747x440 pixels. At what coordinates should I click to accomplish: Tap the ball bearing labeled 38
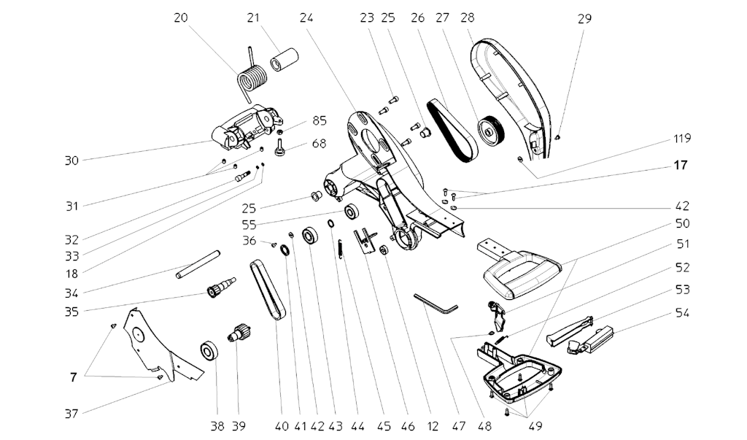[210, 350]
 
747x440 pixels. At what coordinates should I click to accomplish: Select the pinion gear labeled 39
[241, 338]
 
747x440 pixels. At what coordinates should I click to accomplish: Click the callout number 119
[682, 138]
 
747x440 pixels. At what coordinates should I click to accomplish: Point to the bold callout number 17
[680, 166]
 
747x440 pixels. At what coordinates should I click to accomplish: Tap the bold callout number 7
[73, 377]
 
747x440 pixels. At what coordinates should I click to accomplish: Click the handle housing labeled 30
[244, 125]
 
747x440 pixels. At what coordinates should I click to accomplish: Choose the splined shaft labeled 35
[220, 290]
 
